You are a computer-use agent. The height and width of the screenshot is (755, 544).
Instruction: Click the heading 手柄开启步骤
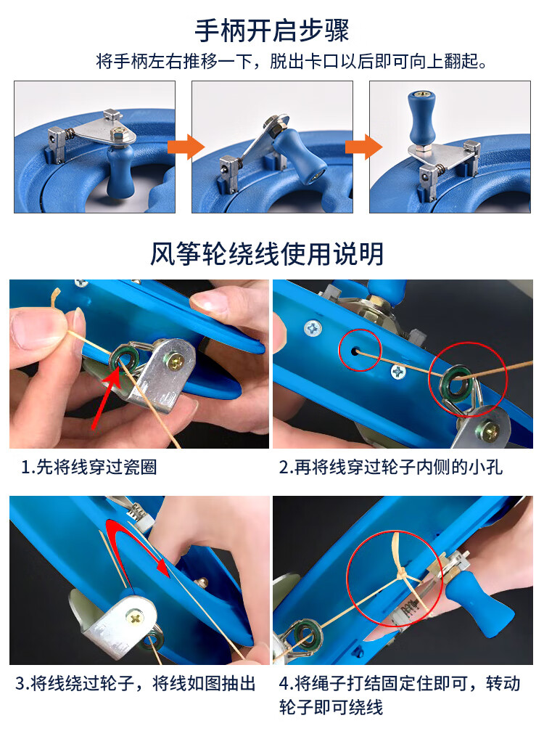272,30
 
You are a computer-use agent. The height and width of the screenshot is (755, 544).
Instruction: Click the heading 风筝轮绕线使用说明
267,254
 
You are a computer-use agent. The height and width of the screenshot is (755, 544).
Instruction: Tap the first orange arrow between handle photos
186,147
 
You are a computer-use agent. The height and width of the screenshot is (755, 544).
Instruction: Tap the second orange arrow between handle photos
364,147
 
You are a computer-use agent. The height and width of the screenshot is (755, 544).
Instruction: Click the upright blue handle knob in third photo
420,118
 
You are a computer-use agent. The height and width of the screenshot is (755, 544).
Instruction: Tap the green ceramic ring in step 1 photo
125,358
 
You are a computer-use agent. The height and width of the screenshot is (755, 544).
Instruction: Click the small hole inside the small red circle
355,351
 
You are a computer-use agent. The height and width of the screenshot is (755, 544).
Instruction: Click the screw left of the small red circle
313,329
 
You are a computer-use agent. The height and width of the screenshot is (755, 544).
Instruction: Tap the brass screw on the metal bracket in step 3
135,616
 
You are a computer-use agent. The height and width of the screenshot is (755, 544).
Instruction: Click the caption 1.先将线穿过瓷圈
89,467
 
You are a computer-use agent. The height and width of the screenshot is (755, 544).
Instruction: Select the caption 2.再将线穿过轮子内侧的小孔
390,467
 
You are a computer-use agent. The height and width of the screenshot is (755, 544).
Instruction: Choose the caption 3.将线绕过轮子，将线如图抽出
135,683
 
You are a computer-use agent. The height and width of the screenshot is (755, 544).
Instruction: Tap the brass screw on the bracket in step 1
176,359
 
